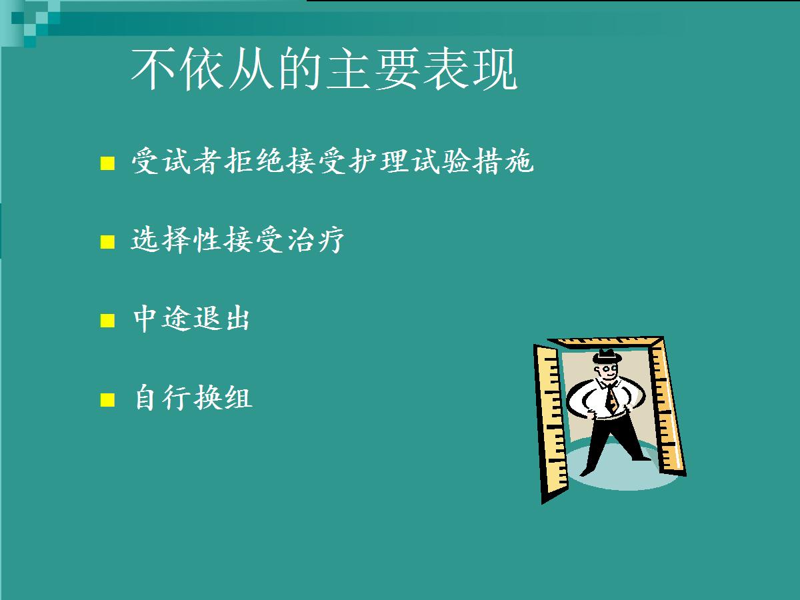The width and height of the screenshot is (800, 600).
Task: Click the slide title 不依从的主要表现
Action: point(324,69)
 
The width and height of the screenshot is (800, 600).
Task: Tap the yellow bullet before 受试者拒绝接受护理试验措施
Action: point(107,163)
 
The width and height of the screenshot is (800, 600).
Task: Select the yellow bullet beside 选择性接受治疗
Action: point(107,242)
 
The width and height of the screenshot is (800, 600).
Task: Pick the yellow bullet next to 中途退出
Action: point(107,321)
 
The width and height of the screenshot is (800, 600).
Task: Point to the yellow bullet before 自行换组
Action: point(107,399)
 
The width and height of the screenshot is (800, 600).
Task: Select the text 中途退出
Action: point(191,318)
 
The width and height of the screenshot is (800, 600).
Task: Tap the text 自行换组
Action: point(193,397)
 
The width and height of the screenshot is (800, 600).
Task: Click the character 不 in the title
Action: point(153,69)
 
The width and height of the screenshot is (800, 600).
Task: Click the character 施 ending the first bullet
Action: point(519,161)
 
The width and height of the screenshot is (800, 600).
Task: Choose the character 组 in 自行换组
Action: point(239,397)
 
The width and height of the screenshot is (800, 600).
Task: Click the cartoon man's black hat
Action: point(607,356)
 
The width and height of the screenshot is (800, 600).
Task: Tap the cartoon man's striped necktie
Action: point(611,398)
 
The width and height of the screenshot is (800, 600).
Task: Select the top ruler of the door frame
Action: point(606,342)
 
